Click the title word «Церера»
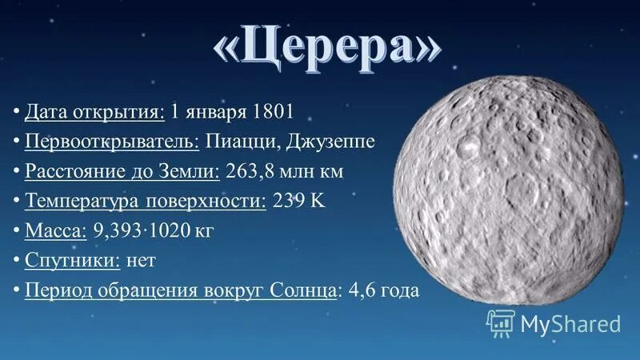(326, 50)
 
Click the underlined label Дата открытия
(95, 111)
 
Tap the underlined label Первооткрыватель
(112, 141)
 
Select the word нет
(141, 261)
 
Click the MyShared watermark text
(570, 323)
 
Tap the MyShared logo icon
(500, 322)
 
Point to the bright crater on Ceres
(469, 146)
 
